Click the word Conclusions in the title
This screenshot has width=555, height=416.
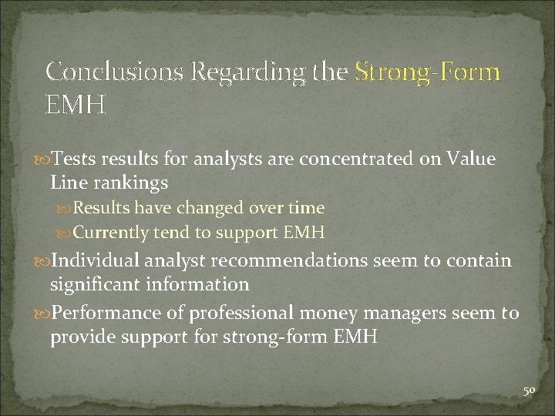coord(114,72)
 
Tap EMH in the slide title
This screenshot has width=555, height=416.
coord(75,104)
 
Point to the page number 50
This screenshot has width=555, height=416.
coord(530,391)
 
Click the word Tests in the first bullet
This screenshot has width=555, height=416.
coord(73,159)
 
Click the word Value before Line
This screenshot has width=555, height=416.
coord(469,159)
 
